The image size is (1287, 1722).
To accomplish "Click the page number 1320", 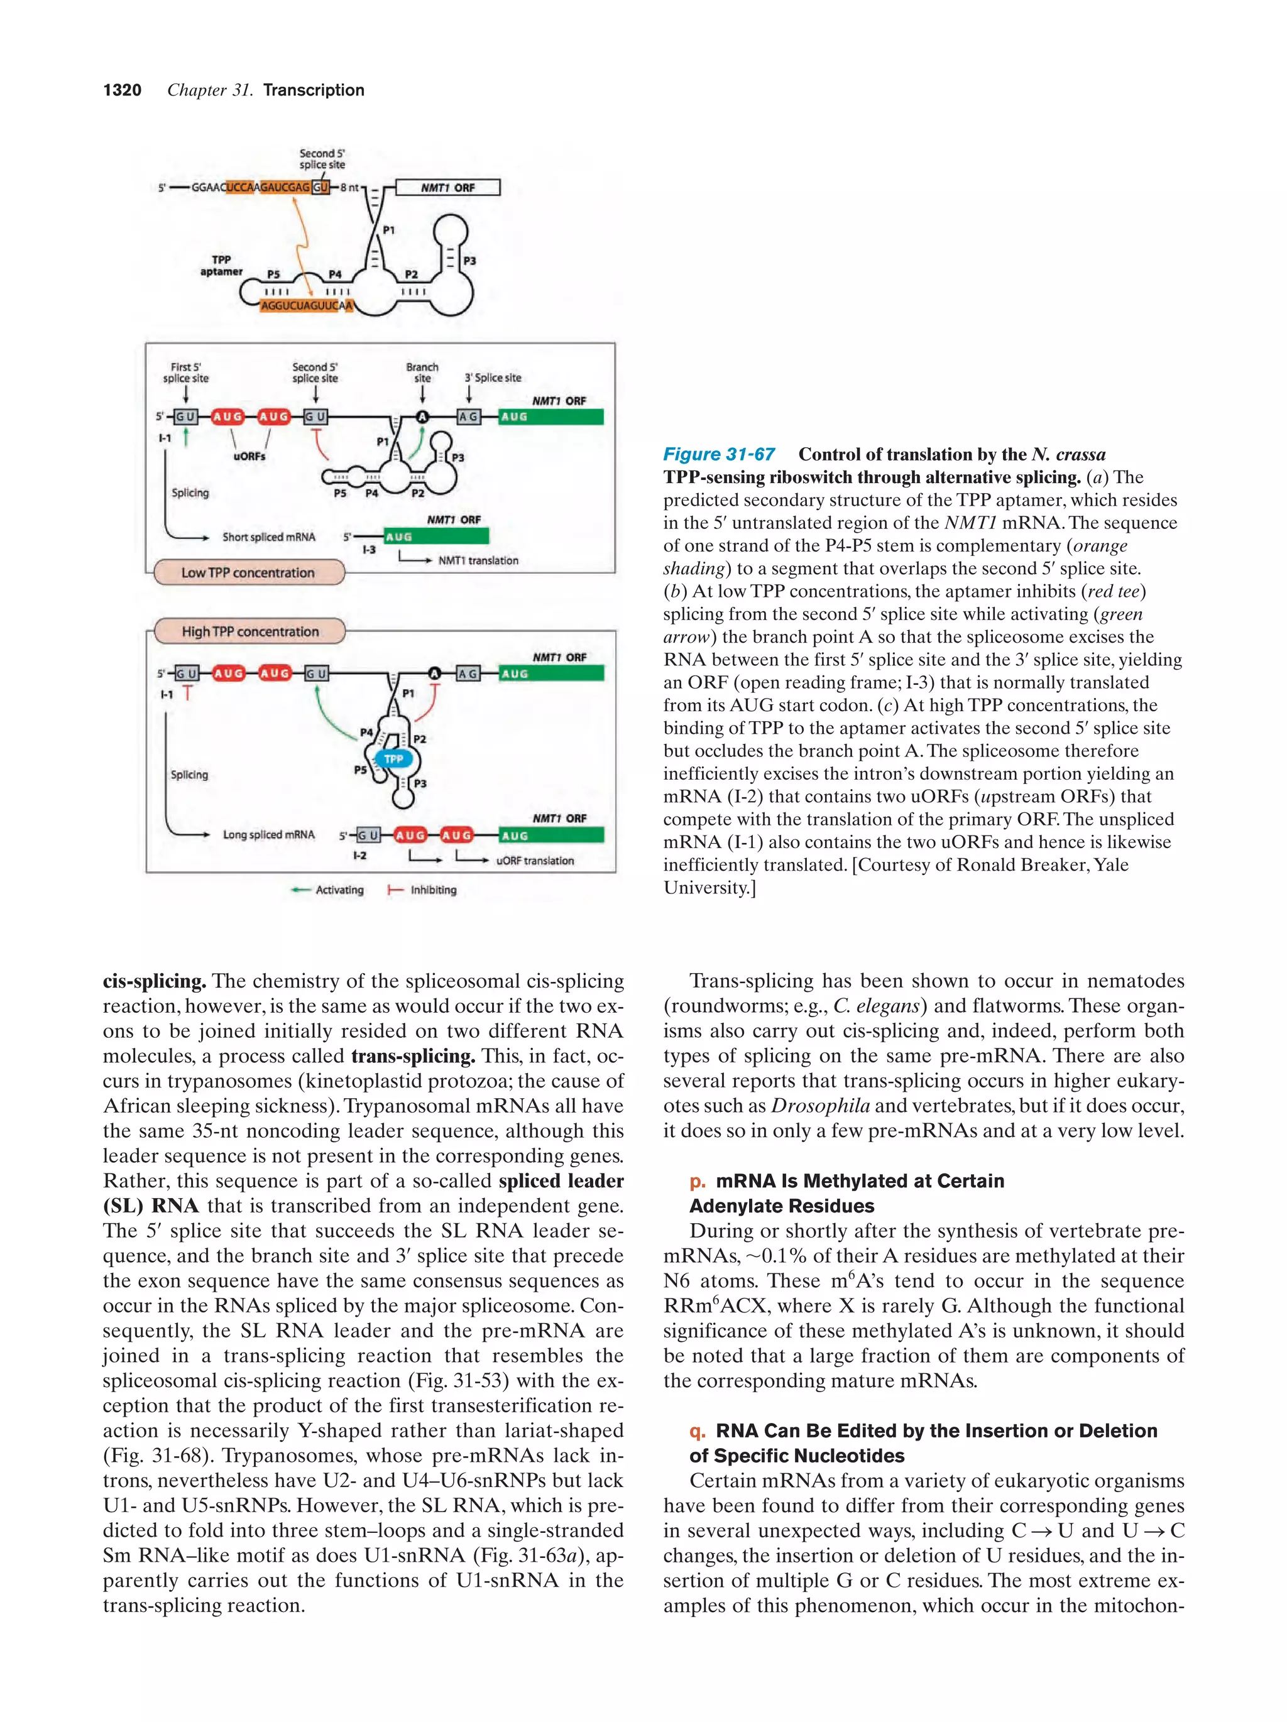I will click(123, 90).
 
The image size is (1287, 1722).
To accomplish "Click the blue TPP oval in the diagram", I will click(393, 758).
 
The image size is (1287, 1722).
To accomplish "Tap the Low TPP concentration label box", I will click(248, 573).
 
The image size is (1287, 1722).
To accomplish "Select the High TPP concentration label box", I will click(250, 631).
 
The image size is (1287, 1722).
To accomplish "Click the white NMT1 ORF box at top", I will click(447, 188).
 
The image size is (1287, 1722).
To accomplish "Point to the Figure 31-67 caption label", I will click(719, 455).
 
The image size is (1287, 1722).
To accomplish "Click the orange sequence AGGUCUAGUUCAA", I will click(306, 306).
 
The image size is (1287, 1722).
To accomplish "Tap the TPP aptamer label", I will click(221, 266).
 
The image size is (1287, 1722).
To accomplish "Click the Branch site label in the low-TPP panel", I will click(422, 372).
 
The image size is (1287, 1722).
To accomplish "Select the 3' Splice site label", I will click(493, 378).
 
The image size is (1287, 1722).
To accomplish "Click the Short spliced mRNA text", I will click(268, 537).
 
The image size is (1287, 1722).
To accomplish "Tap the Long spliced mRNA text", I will click(268, 834).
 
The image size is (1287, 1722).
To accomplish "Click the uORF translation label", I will click(535, 860).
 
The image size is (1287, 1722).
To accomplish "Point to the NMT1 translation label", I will click(478, 560).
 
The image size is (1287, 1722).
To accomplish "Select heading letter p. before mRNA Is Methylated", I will click(697, 1181).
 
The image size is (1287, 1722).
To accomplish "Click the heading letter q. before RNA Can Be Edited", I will click(697, 1431).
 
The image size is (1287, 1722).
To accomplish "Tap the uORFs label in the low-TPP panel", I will click(249, 456).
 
